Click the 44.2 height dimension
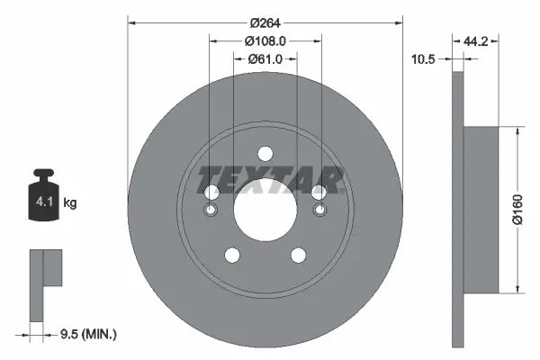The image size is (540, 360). tap(477, 40)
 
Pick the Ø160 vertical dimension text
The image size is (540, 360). tap(517, 209)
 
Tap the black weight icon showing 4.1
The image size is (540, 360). tap(43, 200)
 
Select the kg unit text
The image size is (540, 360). tap(70, 203)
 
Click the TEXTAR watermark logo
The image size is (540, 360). tap(270, 180)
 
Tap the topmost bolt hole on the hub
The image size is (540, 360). tap(265, 154)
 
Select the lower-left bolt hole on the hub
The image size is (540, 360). tap(231, 256)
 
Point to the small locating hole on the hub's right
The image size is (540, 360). tap(319, 211)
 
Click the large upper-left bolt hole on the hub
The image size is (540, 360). tap(211, 193)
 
